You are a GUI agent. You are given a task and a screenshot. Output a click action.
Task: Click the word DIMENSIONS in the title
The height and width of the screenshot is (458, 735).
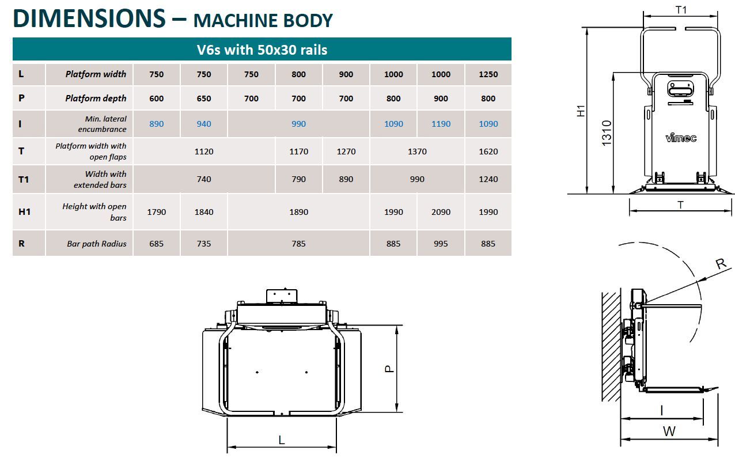point(89,18)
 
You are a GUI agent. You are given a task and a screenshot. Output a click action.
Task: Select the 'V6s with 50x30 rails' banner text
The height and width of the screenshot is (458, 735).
point(262,50)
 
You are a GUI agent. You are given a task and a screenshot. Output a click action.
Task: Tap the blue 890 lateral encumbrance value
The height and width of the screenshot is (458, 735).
point(157,124)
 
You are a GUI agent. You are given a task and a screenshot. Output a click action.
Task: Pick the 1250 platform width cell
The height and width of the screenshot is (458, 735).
point(488,74)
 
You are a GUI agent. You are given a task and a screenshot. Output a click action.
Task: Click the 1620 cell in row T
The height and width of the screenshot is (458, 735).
point(488,152)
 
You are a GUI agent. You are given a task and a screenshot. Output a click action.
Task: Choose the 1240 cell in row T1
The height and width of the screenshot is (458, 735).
point(488,179)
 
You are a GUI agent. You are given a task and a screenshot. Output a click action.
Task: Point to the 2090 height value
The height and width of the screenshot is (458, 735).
point(441,212)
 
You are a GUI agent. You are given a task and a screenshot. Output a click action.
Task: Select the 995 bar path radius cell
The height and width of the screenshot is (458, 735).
point(441,244)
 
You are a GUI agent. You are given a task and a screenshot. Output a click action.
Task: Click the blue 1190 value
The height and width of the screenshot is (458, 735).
point(441,124)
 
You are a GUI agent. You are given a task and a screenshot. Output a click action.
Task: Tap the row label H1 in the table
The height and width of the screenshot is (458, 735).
point(24,212)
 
